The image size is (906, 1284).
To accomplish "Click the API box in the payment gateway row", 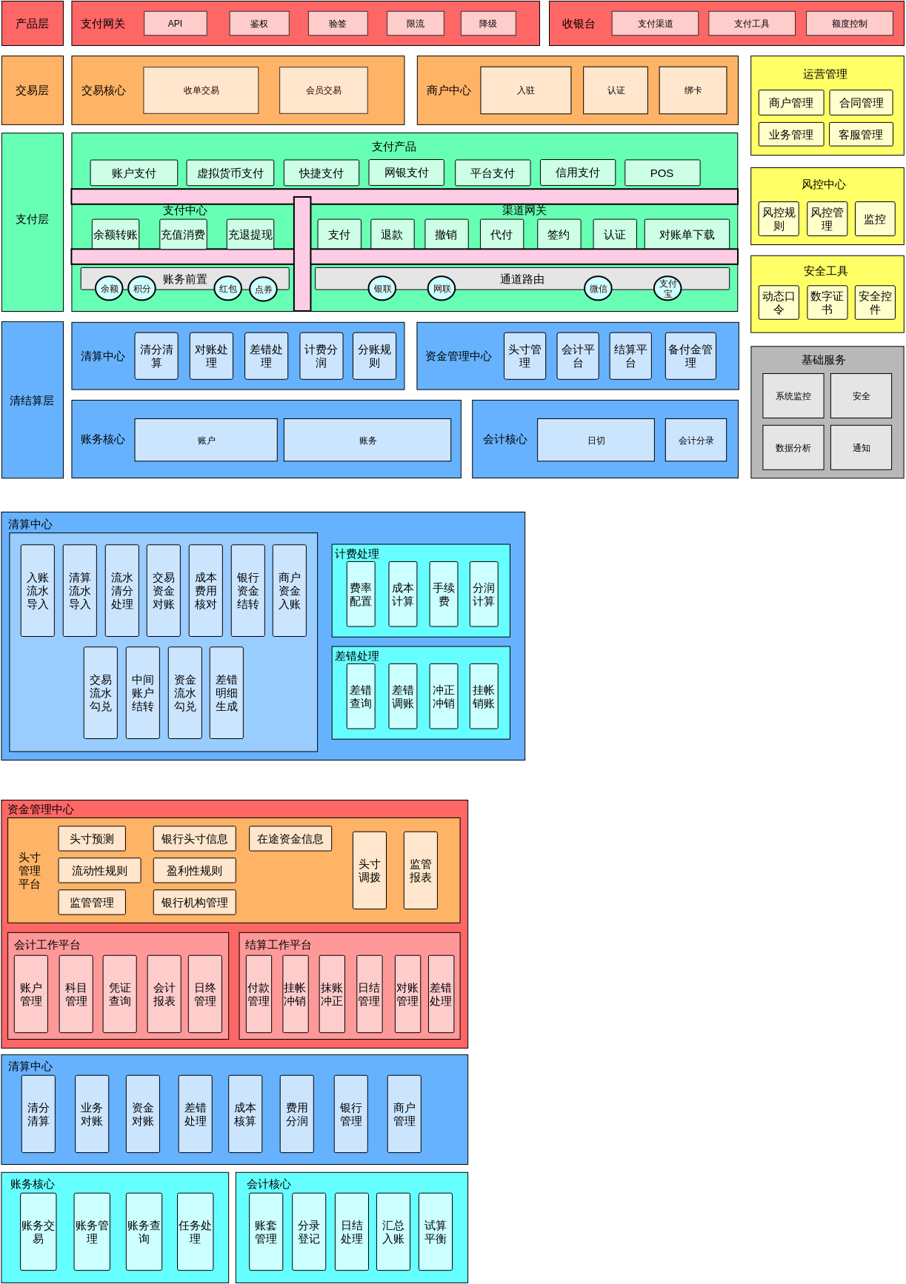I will [x=175, y=24].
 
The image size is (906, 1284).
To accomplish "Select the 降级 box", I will [x=487, y=24].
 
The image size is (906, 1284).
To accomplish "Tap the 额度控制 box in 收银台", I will [x=849, y=24].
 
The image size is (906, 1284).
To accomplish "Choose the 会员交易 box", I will [x=324, y=90].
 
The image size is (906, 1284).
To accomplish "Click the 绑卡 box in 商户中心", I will [x=693, y=90].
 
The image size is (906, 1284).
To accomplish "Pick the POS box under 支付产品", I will [x=662, y=173].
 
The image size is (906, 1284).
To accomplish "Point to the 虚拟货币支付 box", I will [x=230, y=173].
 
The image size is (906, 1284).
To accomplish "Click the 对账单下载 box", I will [x=687, y=235].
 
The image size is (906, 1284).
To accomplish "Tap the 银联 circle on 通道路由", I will [x=382, y=289].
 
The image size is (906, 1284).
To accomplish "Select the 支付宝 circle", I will [x=667, y=288].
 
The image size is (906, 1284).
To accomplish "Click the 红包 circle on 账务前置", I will [x=228, y=289].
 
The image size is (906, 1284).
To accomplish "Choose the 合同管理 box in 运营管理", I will [x=861, y=103].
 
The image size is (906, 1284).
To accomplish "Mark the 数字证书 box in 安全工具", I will [x=827, y=303].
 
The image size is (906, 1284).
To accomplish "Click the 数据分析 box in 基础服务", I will [x=793, y=448].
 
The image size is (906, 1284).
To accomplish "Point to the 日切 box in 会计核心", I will [x=596, y=441].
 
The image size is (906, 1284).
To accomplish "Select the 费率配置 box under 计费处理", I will [x=361, y=595].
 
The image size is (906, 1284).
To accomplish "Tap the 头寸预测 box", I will [x=92, y=839].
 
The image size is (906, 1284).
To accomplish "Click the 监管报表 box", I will [x=420, y=871].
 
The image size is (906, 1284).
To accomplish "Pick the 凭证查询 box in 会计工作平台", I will [x=119, y=994].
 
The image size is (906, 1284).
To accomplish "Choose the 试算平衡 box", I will [x=435, y=1232].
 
